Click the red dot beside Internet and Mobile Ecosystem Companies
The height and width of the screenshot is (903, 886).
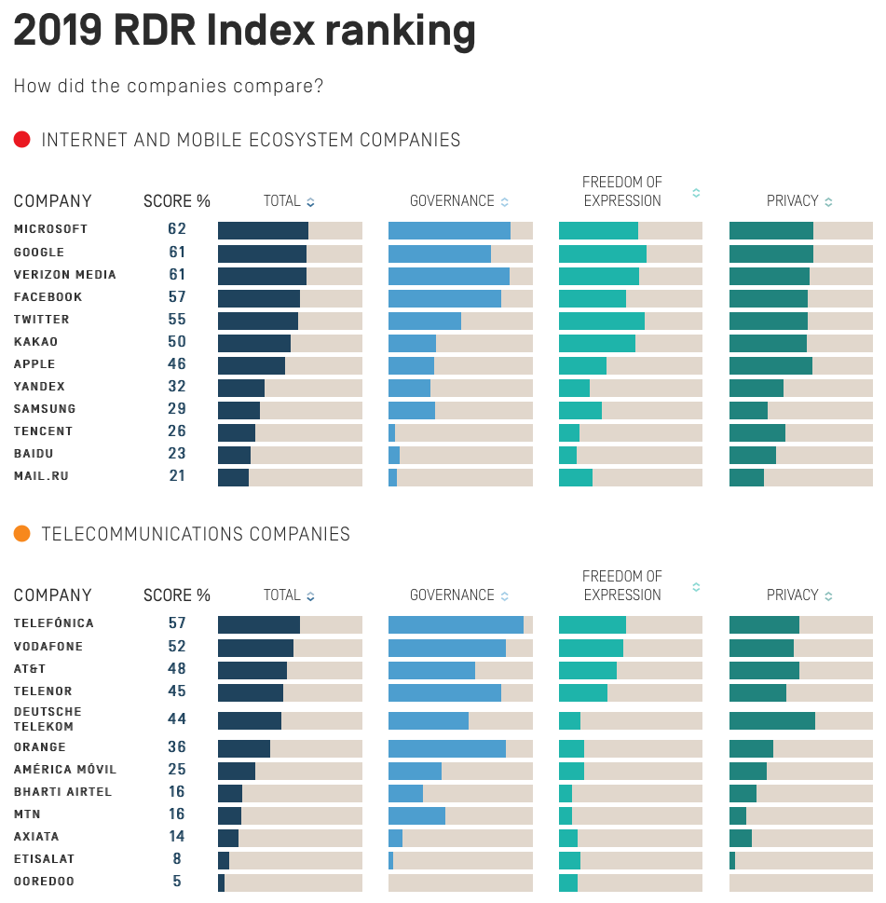pyautogui.click(x=22, y=140)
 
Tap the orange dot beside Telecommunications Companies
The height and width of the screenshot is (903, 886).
pyautogui.click(x=22, y=534)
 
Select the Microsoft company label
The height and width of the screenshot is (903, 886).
pyautogui.click(x=50, y=229)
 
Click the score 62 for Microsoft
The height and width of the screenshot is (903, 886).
pyautogui.click(x=177, y=229)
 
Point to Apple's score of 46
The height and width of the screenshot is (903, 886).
pyautogui.click(x=177, y=364)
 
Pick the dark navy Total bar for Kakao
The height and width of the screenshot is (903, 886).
pyautogui.click(x=254, y=342)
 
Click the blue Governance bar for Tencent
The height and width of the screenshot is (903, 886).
pyautogui.click(x=392, y=431)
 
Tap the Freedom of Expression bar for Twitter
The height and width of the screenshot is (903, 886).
pyautogui.click(x=602, y=320)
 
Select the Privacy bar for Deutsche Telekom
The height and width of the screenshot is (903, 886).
pyautogui.click(x=772, y=720)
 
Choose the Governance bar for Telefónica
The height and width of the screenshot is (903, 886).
pyautogui.click(x=456, y=624)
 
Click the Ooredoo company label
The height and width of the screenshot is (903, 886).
pyautogui.click(x=44, y=882)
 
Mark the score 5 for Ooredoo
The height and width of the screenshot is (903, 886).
pyautogui.click(x=177, y=882)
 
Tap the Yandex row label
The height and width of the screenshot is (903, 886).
pyautogui.click(x=39, y=387)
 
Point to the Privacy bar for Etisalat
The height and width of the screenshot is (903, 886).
pyautogui.click(x=732, y=859)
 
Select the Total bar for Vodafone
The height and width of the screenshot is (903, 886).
pyautogui.click(x=255, y=647)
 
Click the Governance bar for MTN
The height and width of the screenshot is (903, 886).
pyautogui.click(x=416, y=814)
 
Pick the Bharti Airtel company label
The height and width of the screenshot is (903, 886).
pyautogui.click(x=62, y=792)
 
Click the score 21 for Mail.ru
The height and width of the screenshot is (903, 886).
pyautogui.click(x=177, y=476)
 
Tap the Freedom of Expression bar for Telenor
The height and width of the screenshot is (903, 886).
pyautogui.click(x=583, y=691)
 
